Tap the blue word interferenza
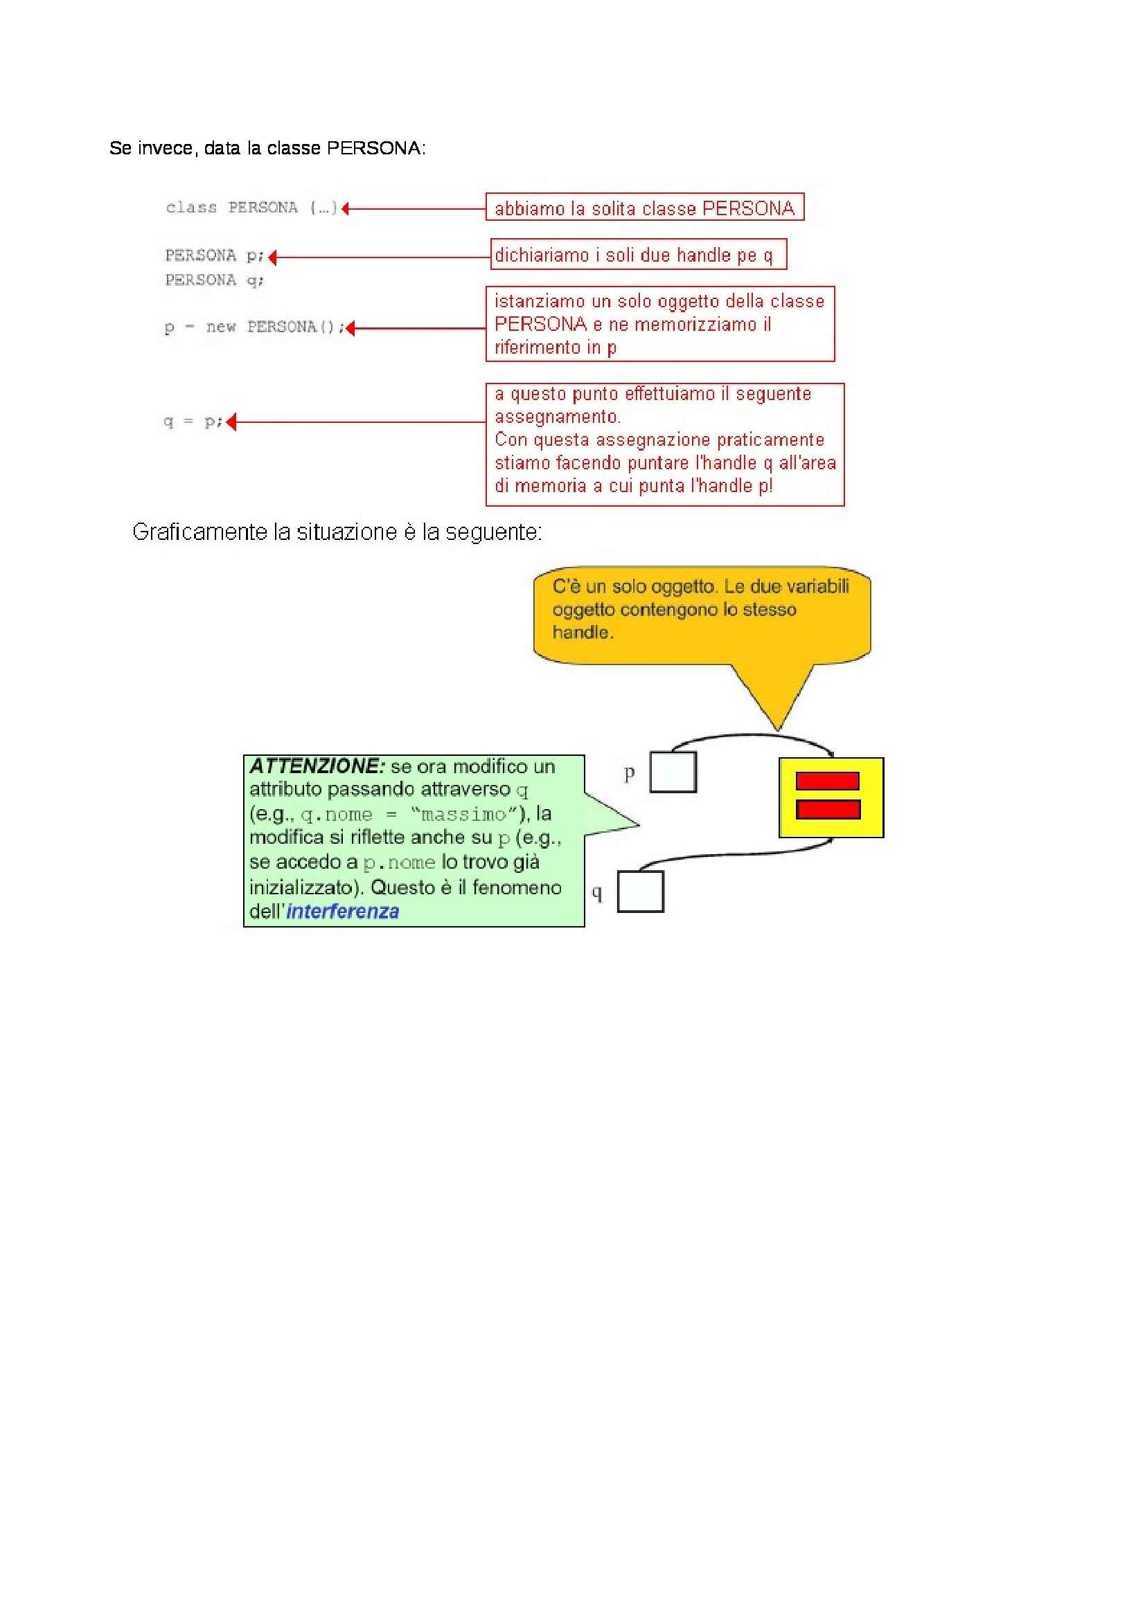[x=343, y=912]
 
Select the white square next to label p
[x=673, y=772]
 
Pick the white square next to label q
[x=640, y=892]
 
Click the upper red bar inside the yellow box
[x=827, y=781]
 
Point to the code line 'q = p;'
[x=193, y=422]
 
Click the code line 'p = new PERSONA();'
[x=254, y=327]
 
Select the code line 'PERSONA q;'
[x=215, y=280]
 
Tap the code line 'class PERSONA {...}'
[x=251, y=208]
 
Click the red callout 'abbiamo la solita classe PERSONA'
[x=644, y=208]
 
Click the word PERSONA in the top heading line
[x=373, y=148]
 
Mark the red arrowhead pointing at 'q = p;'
[x=231, y=422]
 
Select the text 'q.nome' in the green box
[x=336, y=815]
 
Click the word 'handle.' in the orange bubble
[x=583, y=633]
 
